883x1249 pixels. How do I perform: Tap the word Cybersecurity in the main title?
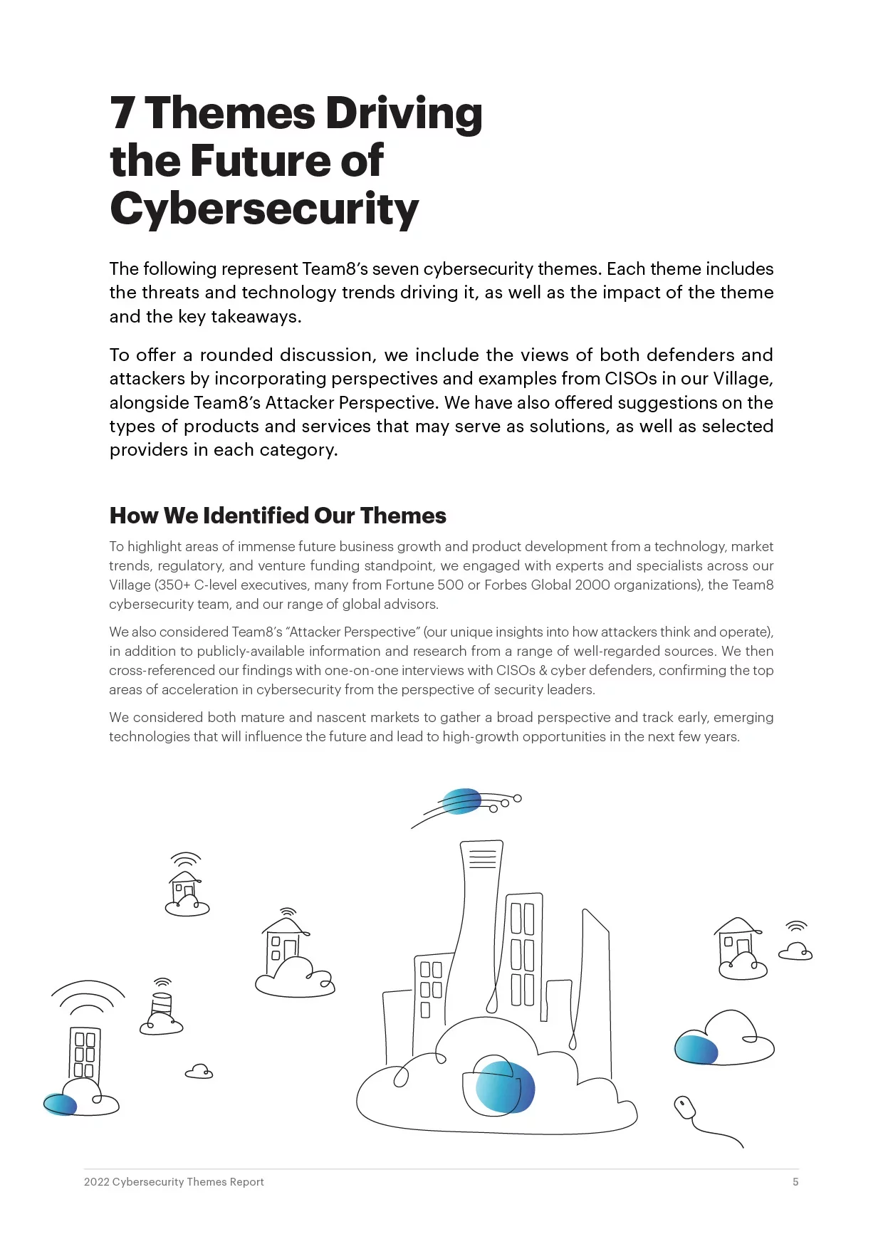point(264,209)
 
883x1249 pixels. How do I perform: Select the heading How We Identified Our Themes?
point(278,516)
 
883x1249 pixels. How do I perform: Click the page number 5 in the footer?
point(795,1182)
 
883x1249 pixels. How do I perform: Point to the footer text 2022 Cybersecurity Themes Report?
point(174,1182)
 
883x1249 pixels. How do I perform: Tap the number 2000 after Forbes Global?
point(592,585)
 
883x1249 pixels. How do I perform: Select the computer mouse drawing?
point(685,1107)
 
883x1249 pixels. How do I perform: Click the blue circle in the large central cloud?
point(505,1087)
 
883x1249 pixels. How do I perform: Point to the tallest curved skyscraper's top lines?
point(482,859)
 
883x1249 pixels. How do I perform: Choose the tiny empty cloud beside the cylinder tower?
point(199,1072)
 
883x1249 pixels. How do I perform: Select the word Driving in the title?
point(404,114)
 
